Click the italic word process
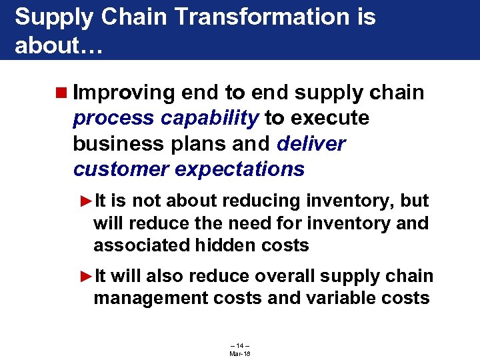(x=114, y=119)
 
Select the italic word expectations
(x=239, y=169)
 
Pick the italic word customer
(x=121, y=169)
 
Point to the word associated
(x=141, y=245)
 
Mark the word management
(x=151, y=298)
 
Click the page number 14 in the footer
(x=239, y=345)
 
